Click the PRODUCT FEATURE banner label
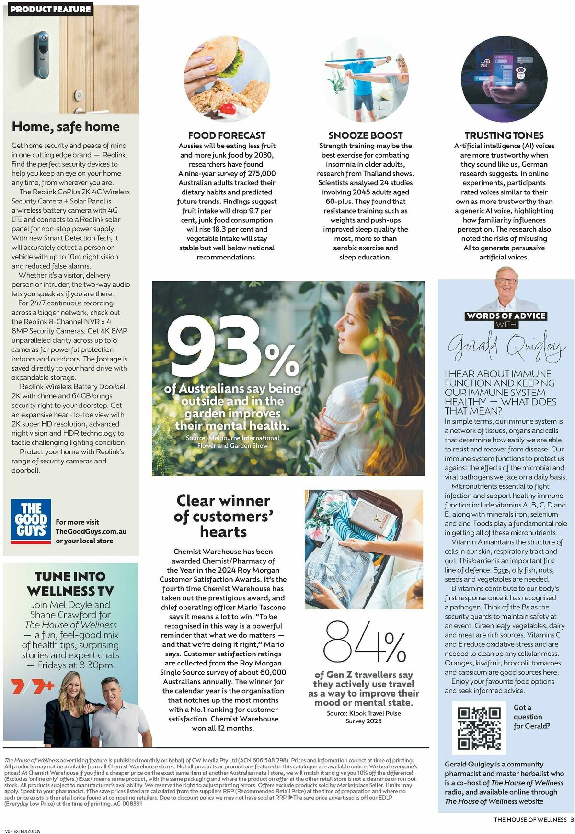50,9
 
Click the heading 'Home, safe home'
66,127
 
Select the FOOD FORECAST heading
227,135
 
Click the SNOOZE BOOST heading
365,135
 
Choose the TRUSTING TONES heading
504,135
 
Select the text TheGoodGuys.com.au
91,531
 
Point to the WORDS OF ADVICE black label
506,316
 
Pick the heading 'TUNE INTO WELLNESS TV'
70,584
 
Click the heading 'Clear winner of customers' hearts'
223,516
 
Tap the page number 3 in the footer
572,819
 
